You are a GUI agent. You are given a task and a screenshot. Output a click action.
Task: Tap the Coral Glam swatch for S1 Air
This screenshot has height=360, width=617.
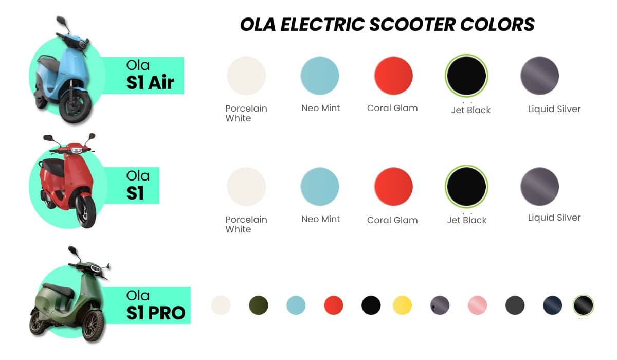click(x=393, y=76)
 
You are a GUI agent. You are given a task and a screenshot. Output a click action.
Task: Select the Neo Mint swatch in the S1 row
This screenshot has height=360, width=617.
click(x=320, y=187)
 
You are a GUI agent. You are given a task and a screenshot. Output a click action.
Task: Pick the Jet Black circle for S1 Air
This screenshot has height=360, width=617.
click(x=466, y=76)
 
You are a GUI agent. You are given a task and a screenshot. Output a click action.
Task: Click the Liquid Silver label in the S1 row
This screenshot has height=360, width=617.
click(x=554, y=218)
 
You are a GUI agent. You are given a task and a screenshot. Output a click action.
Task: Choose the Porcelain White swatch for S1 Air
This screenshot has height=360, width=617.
click(x=246, y=76)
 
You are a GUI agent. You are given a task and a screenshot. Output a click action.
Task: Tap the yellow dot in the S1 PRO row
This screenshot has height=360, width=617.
click(x=402, y=305)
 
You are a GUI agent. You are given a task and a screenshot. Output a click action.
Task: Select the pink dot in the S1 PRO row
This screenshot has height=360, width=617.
click(x=478, y=305)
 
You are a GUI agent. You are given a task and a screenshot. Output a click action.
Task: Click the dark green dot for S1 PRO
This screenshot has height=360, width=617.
click(x=259, y=305)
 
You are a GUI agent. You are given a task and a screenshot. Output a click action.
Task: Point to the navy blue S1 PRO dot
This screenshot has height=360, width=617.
click(x=553, y=305)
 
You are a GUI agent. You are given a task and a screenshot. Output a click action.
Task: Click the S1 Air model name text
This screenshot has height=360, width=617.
click(x=150, y=82)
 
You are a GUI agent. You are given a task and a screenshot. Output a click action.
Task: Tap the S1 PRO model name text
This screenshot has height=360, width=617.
click(x=156, y=312)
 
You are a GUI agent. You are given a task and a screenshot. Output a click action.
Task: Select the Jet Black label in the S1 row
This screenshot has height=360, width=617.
click(x=466, y=220)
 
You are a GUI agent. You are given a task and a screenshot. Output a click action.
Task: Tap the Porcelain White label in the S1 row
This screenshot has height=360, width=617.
click(x=246, y=224)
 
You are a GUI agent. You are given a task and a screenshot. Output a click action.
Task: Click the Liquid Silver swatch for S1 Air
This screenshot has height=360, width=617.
click(x=539, y=76)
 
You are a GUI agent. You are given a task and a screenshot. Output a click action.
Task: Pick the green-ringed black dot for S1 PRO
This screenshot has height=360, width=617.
click(x=584, y=305)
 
